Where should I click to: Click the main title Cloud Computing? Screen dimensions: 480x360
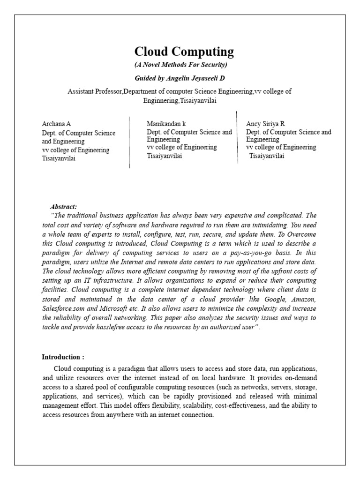tap(184, 52)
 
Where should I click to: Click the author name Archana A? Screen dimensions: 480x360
tap(56, 124)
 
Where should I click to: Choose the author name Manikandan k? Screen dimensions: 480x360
tap(166, 124)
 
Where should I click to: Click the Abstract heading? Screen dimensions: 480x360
tap(63, 207)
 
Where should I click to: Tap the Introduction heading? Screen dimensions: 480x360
tap(63, 357)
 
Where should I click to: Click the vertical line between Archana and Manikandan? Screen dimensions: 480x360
tap(129, 142)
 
